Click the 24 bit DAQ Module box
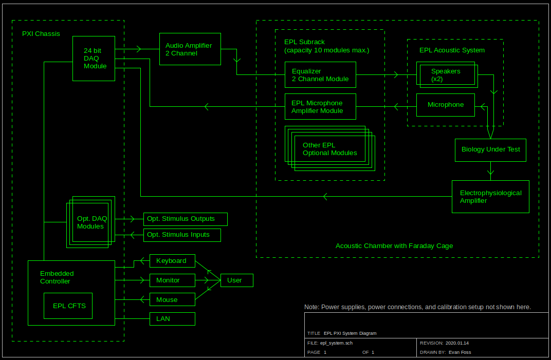coord(93,59)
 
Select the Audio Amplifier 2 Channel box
coord(190,49)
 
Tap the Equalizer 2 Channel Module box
coord(320,75)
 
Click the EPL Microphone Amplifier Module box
coord(320,107)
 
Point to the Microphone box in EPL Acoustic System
coord(445,105)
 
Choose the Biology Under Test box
coord(490,150)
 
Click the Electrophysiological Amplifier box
coord(490,197)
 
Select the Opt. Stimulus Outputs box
coord(185,219)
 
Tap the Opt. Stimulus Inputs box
coord(182,235)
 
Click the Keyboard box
coord(172,261)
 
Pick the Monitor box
coord(172,280)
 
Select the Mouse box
coord(172,299)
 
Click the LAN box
coord(172,319)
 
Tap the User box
coord(237,280)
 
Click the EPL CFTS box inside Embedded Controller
coord(68,306)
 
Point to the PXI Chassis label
coord(41,34)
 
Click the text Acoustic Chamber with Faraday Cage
coord(394,246)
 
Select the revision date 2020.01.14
coord(457,343)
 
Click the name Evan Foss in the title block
coord(460,352)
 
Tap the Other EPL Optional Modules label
coord(329,149)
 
